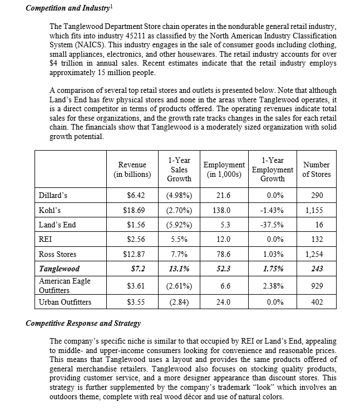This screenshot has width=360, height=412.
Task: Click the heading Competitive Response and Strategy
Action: point(83,323)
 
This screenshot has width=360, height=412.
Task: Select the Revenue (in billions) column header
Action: point(132,170)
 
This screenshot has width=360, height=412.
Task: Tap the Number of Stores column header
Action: point(317,170)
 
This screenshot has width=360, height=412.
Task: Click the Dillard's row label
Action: point(53,196)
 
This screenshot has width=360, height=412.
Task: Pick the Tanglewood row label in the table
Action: point(59,269)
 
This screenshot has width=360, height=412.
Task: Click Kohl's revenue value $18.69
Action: point(134,210)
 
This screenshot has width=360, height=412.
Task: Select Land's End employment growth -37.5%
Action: point(272,225)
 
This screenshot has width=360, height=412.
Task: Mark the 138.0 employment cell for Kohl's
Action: point(222,210)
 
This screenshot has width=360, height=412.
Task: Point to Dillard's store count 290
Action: point(317,196)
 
